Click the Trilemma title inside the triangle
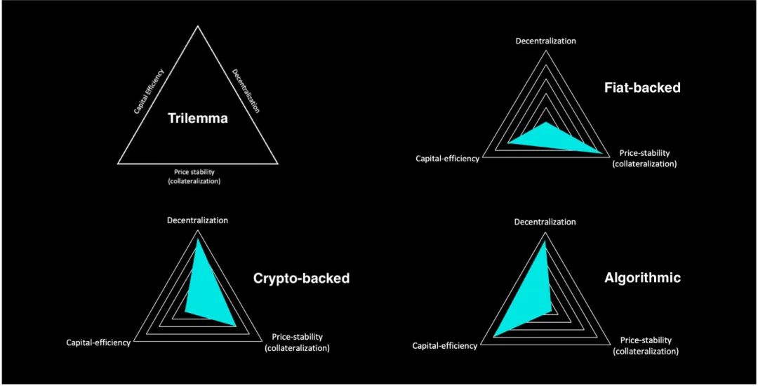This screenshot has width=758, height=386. tap(198, 119)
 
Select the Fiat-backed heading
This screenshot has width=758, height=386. tap(642, 88)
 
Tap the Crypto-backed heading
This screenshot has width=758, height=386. tap(301, 278)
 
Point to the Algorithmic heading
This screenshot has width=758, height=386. tap(642, 278)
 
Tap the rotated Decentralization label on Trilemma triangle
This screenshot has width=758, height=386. tap(246, 91)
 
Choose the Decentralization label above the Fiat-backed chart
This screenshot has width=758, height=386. tap(546, 41)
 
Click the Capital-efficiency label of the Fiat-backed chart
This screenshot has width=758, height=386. tap(448, 159)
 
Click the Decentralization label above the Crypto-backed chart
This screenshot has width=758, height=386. tap(197, 220)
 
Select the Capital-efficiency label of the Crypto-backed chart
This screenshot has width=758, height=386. tap(98, 342)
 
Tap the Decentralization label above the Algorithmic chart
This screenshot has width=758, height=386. tap(545, 222)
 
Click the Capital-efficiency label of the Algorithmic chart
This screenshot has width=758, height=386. tap(445, 346)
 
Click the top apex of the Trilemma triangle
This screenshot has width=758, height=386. tap(197, 25)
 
